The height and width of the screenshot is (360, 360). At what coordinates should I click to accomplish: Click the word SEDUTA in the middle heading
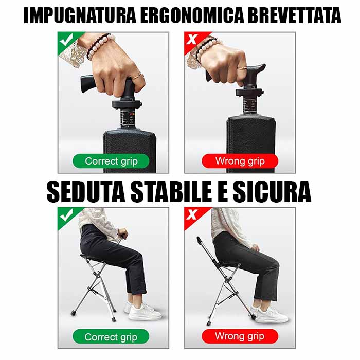[86, 191]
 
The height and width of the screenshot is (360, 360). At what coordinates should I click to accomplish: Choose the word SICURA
[272, 191]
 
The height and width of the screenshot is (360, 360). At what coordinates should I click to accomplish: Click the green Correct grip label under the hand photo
[111, 161]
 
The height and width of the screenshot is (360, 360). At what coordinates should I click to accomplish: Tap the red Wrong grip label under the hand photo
[240, 161]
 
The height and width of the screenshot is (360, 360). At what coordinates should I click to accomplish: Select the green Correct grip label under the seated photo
[111, 337]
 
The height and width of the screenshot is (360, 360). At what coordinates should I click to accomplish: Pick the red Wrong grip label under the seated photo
[240, 336]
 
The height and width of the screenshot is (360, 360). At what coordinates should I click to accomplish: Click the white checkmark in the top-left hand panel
[66, 40]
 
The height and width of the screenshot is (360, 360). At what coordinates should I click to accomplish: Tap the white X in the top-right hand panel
[191, 39]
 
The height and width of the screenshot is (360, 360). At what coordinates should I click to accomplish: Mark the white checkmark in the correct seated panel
[66, 215]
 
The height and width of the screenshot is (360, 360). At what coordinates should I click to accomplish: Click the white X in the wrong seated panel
[191, 214]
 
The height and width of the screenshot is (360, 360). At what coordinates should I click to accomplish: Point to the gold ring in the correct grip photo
[137, 76]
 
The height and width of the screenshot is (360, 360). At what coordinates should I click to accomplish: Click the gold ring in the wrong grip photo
[242, 68]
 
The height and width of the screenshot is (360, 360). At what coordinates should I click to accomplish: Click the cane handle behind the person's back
[200, 241]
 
